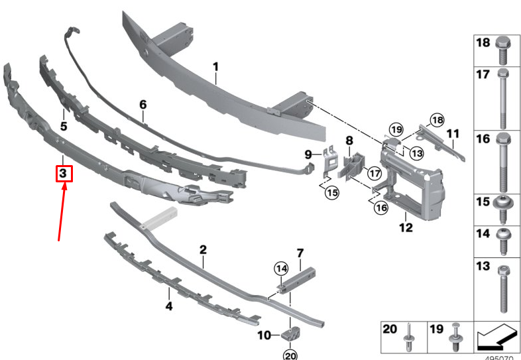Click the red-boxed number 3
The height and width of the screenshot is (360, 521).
[63, 173]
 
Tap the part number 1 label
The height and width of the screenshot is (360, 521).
[215, 67]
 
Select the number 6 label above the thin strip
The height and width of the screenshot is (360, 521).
[143, 105]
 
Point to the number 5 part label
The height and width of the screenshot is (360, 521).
[64, 127]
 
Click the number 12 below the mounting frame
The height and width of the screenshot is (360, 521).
[406, 227]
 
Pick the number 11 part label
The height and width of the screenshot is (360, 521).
[453, 134]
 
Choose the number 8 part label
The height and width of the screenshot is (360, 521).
[349, 141]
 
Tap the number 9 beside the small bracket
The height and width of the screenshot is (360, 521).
[308, 154]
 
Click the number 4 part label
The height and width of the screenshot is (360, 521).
[169, 306]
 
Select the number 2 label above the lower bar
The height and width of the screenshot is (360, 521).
[203, 250]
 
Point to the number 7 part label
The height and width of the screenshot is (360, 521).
[300, 253]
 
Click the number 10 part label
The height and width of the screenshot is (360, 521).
[264, 335]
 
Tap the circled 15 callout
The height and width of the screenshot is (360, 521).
[332, 192]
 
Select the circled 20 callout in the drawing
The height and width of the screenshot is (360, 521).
[290, 355]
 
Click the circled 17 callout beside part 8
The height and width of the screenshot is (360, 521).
[375, 173]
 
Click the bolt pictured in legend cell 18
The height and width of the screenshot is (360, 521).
[502, 50]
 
